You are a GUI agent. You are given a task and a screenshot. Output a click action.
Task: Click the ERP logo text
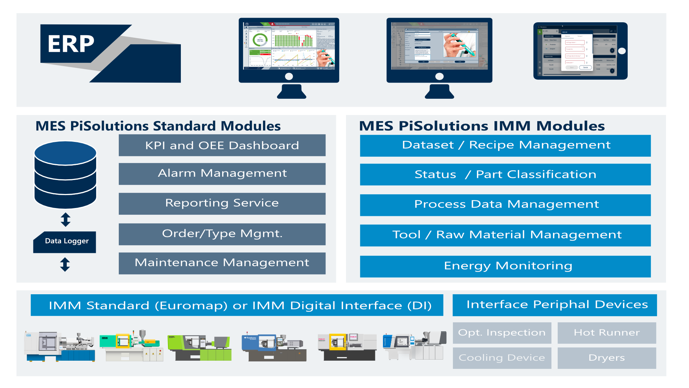click(71, 44)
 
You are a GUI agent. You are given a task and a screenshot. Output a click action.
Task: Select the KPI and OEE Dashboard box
click(222, 145)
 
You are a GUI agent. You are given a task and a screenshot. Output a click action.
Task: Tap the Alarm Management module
click(222, 174)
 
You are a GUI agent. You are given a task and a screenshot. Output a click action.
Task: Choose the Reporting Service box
click(222, 204)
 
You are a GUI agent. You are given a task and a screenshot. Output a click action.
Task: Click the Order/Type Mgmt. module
click(222, 234)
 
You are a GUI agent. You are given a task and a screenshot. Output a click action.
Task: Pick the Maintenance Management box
click(222, 263)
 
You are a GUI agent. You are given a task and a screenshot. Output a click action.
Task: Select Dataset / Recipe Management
click(505, 145)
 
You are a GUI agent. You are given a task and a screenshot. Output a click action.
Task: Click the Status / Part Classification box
click(505, 175)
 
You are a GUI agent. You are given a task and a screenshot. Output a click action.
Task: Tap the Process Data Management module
click(505, 205)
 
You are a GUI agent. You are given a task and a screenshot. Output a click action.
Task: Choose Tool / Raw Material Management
click(505, 235)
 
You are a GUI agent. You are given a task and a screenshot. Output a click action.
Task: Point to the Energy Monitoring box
click(505, 266)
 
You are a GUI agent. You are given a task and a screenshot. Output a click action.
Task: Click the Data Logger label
click(66, 241)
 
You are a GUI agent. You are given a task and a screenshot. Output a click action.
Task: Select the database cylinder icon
click(65, 175)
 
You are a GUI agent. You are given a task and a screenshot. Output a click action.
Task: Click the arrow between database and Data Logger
click(65, 220)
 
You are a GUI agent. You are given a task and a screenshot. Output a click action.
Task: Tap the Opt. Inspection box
click(502, 333)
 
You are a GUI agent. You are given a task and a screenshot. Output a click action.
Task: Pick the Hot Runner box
click(606, 333)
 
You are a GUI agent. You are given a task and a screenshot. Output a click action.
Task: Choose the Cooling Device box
click(502, 358)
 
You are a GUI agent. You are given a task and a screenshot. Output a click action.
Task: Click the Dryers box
click(606, 358)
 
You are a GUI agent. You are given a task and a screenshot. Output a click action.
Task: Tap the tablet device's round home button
click(622, 51)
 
